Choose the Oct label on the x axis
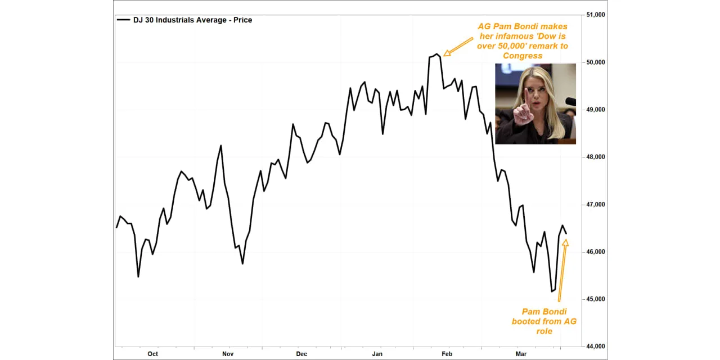[152, 354]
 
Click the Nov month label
[228, 354]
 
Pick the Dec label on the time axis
[301, 354]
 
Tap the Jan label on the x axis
[377, 354]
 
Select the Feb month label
[447, 354]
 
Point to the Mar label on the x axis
[521, 354]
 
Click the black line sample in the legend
[123, 20]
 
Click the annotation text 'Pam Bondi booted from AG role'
[544, 321]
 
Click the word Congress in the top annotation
[523, 56]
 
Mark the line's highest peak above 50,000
[436, 54]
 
